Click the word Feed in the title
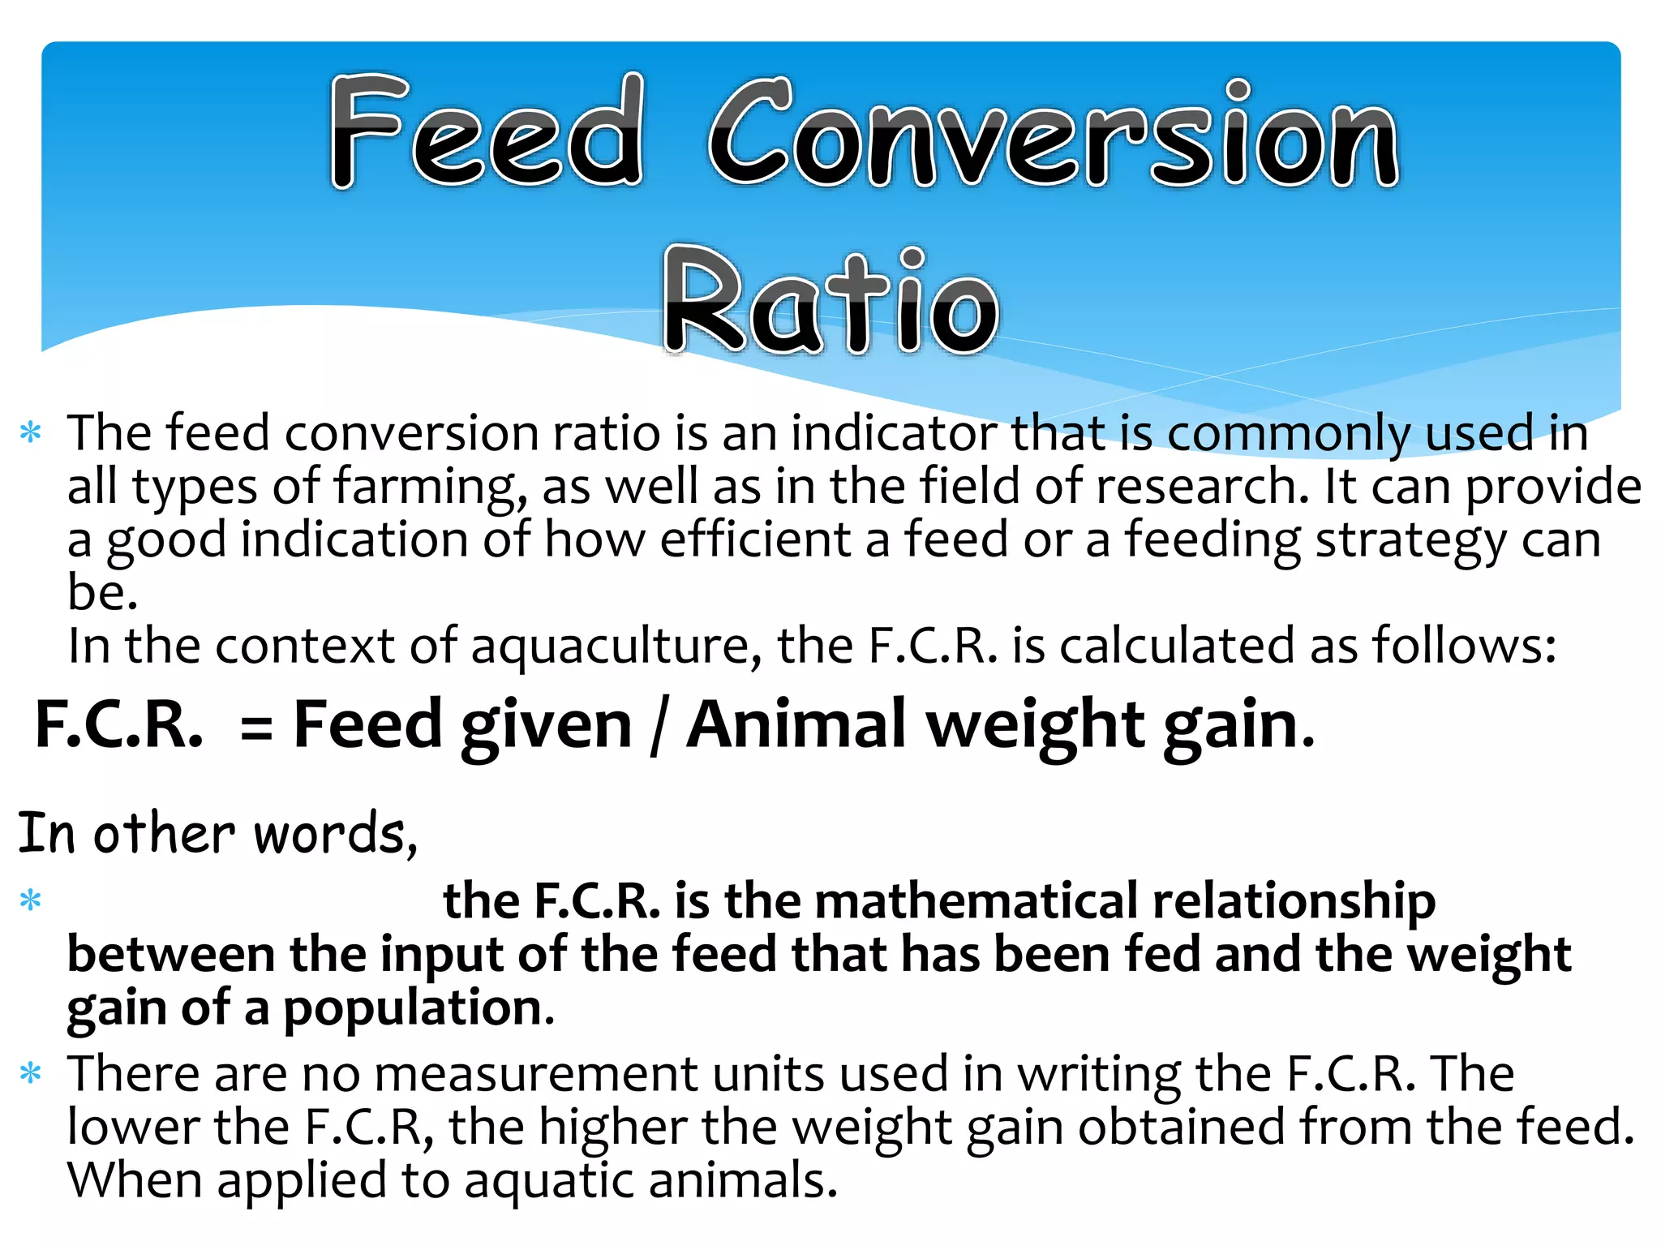pos(487,131)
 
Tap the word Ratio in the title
pos(830,302)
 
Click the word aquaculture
pos(616,647)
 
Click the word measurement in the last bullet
pos(535,1074)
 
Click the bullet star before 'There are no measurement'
pos(31,1075)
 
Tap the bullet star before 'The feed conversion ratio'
pos(31,432)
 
